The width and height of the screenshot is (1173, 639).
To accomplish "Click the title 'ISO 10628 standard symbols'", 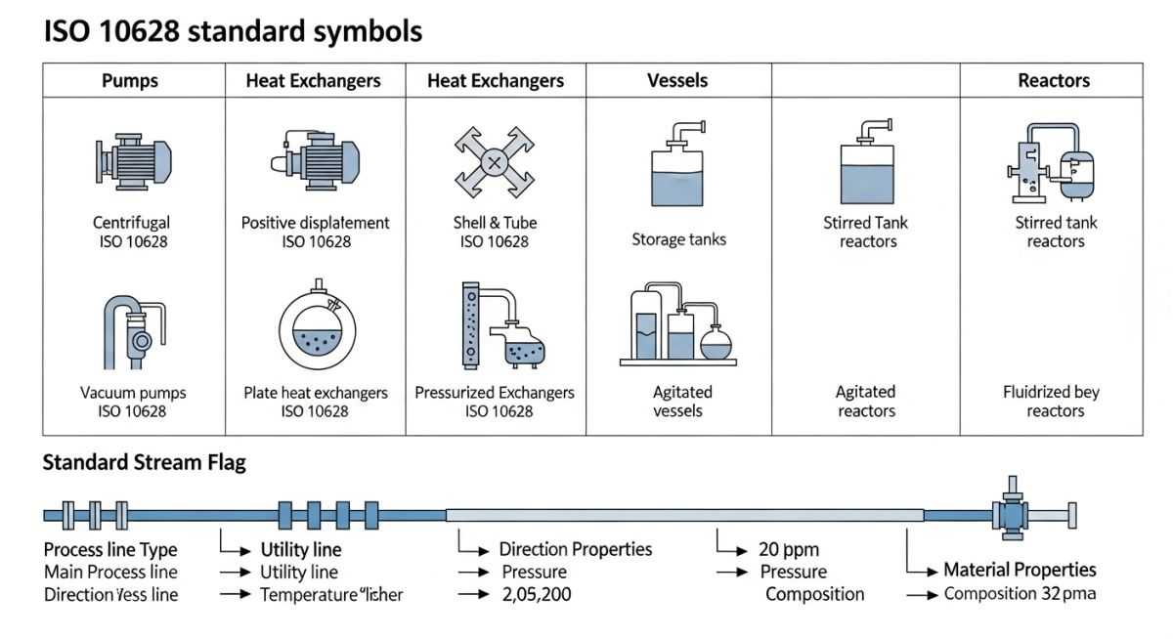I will pos(233,31).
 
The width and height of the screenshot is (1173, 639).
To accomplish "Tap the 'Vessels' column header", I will pos(677,81).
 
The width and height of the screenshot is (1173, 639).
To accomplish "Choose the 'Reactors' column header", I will pos(1053,81).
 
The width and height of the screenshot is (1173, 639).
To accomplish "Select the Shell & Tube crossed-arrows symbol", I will pos(495,161).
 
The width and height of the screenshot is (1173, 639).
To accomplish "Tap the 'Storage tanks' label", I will pos(678,239).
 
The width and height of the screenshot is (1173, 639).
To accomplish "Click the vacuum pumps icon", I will pos(134,331).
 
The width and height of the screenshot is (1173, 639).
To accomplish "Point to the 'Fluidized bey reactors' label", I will pos(1051,402).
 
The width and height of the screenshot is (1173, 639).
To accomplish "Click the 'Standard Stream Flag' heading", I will pos(144,463).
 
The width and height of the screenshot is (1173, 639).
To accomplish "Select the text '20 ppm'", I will pos(789,549).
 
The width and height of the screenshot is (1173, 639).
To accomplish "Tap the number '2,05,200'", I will pos(537,594).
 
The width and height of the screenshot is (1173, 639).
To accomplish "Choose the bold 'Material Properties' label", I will pos(1020,570).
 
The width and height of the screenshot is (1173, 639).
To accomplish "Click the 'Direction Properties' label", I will pos(575,549).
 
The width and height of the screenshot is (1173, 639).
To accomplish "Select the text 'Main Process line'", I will pos(110,572).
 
